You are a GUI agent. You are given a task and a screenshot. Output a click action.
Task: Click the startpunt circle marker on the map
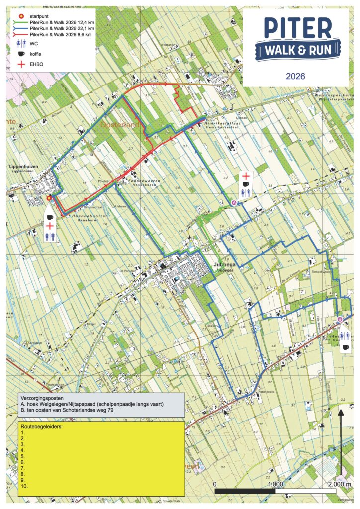[49, 198]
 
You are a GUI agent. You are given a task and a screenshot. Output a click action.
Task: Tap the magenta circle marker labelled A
[235, 202]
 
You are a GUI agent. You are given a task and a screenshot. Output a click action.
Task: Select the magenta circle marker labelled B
[340, 319]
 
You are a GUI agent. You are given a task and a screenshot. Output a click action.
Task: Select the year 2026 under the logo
[295, 76]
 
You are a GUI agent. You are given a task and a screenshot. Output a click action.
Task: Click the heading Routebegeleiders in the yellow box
[39, 427]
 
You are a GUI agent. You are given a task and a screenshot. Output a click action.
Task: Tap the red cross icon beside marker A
[245, 175]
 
